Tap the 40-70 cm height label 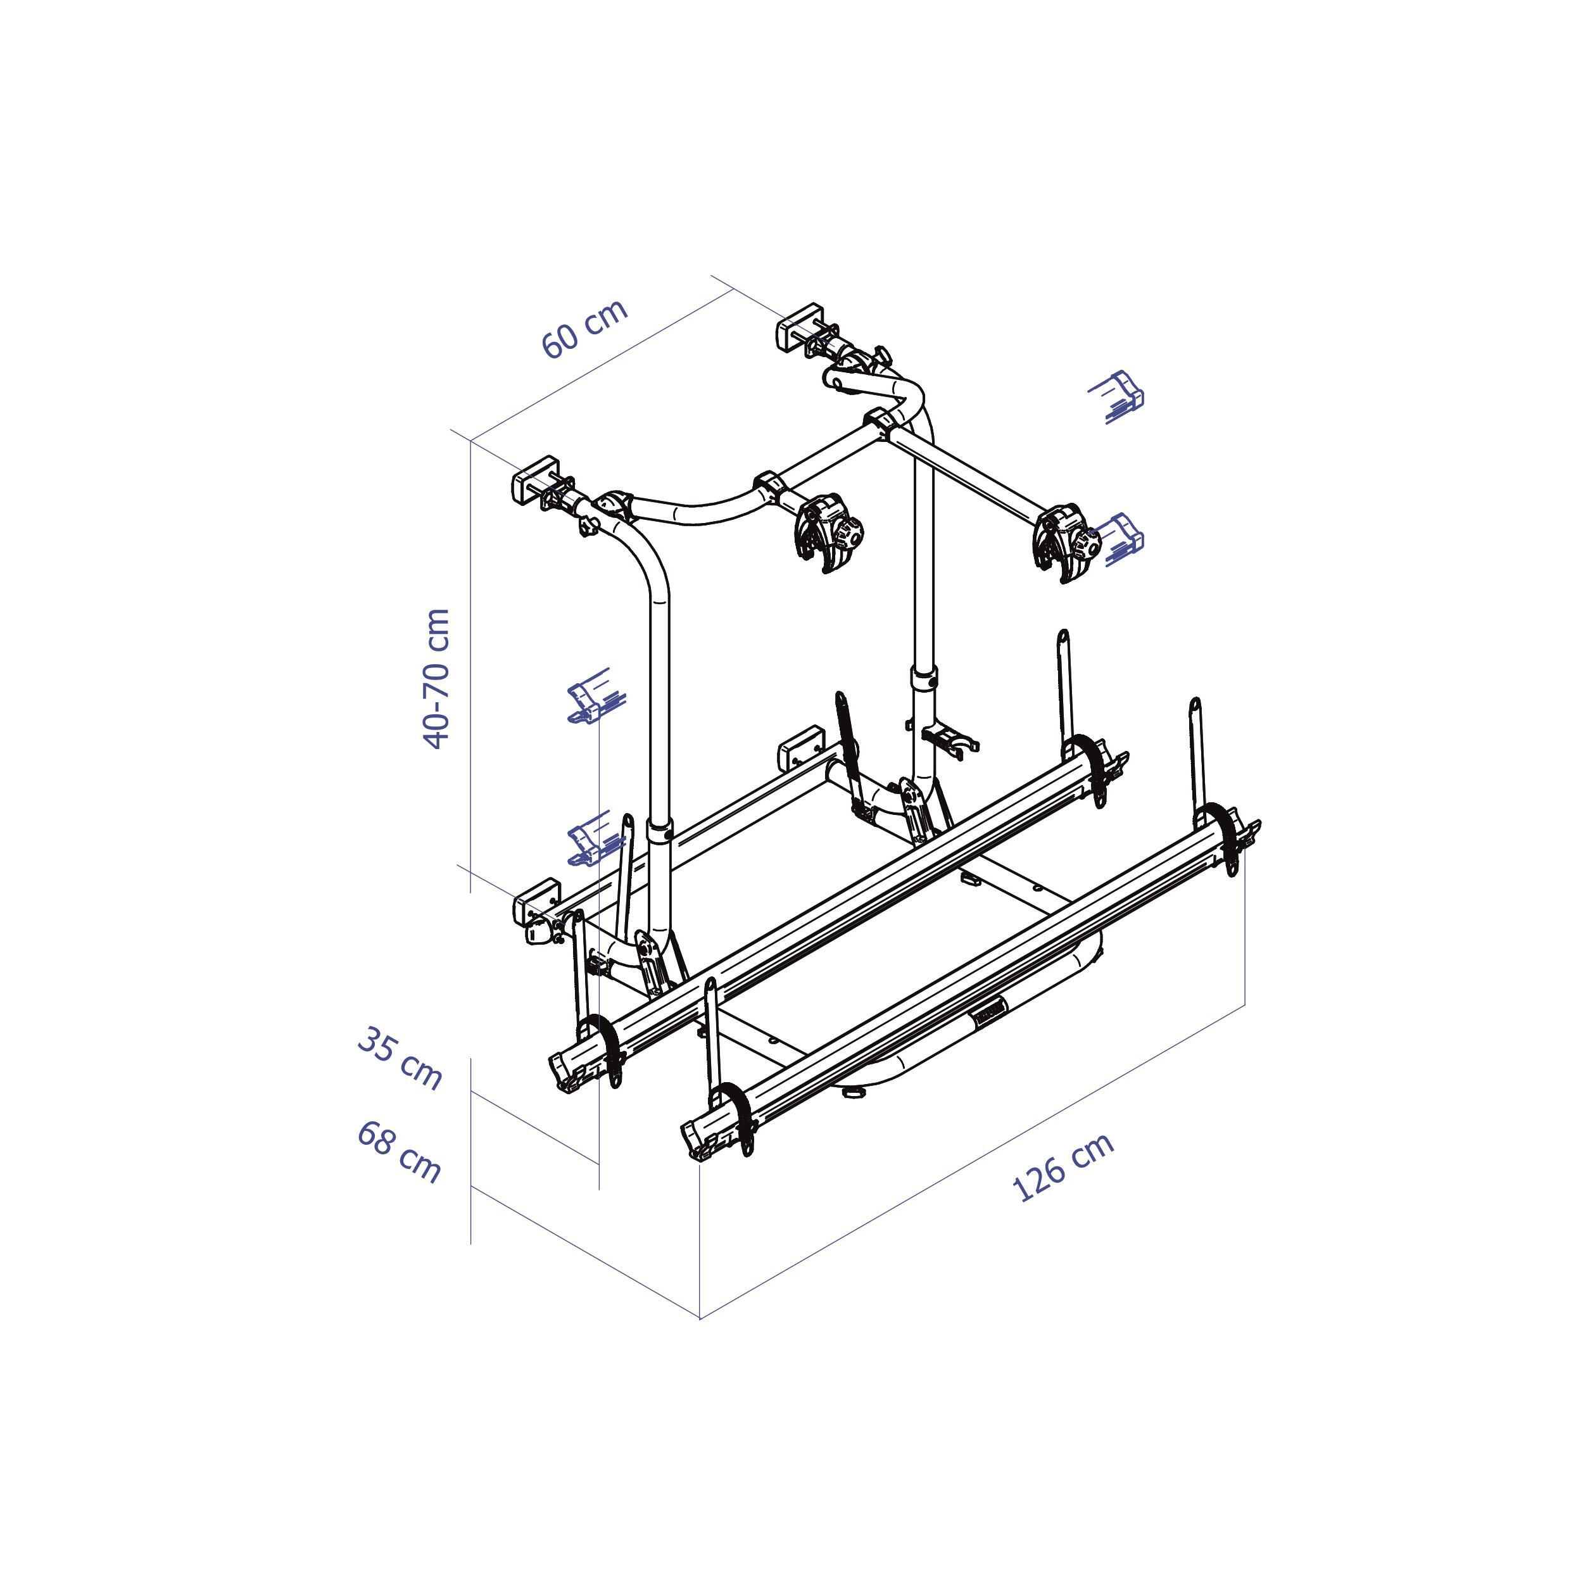click(437, 678)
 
